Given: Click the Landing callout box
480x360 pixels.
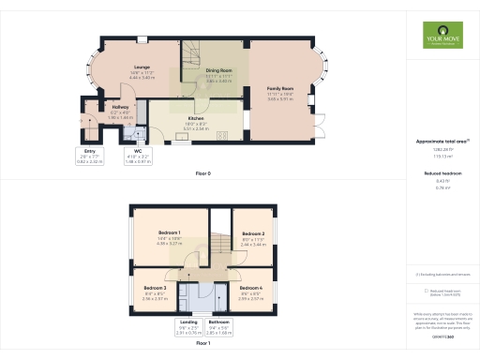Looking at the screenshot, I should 188,327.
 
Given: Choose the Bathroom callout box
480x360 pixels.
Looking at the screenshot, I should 218,327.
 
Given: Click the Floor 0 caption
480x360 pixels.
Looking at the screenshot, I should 202,174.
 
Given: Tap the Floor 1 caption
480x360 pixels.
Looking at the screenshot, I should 202,344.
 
